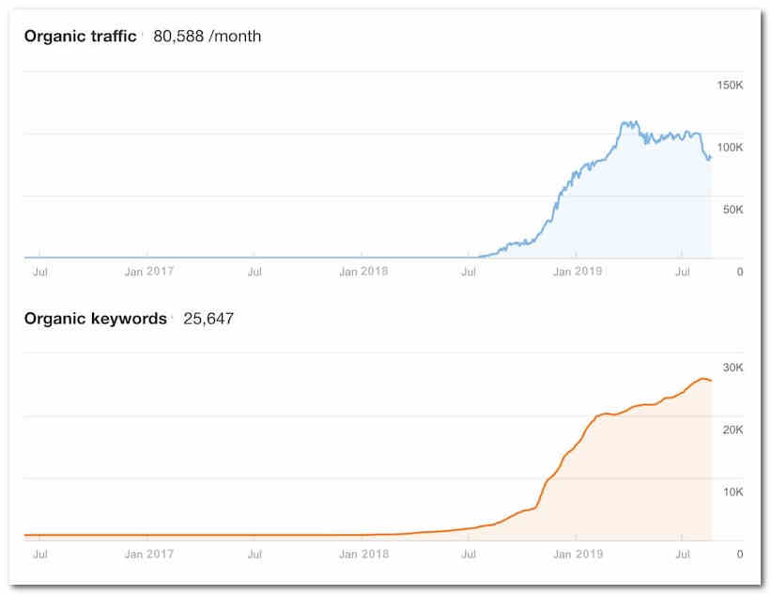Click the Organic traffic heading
80,37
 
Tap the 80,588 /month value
207,37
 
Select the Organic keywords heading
95,319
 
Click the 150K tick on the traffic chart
730,86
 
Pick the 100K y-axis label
730,148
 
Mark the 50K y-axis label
732,210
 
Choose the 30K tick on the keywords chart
732,368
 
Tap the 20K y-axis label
732,430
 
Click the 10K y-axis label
732,492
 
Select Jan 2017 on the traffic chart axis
148,272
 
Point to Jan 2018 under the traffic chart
362,272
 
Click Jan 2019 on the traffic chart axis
577,272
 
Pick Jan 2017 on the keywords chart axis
148,554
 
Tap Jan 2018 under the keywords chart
362,554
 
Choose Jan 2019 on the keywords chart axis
577,554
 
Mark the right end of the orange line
711,380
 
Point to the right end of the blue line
711,157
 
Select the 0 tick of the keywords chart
739,554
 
